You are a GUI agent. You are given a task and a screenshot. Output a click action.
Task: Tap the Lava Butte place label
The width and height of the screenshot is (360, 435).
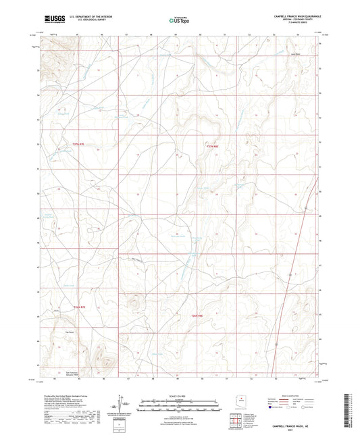[x=294, y=55]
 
